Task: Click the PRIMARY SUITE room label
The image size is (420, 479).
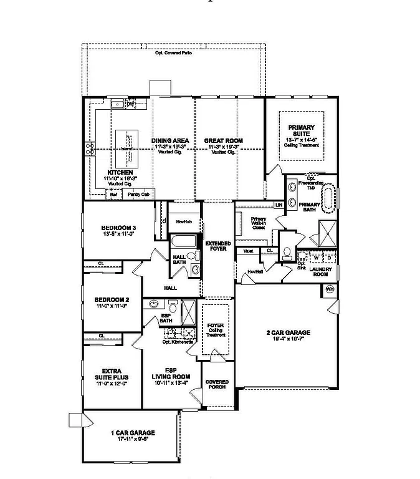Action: (302, 130)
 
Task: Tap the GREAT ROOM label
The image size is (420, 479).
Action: (223, 141)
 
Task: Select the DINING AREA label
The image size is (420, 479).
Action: (170, 141)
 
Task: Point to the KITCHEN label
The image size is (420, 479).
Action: (120, 172)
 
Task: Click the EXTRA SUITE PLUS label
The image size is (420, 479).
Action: (112, 375)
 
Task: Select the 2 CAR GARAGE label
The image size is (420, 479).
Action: (288, 333)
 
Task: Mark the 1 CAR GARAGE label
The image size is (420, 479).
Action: (133, 433)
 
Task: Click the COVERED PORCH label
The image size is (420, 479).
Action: (216, 385)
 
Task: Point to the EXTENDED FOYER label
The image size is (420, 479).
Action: (218, 246)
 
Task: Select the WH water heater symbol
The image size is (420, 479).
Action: (330, 289)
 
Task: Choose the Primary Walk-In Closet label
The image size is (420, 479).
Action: (258, 223)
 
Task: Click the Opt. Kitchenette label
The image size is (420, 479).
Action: (176, 342)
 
